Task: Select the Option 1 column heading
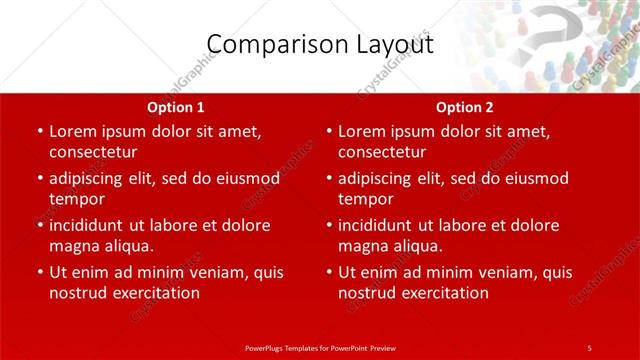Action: click(176, 107)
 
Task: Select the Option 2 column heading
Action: click(465, 107)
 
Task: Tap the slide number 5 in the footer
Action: click(589, 347)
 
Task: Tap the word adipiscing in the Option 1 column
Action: click(92, 178)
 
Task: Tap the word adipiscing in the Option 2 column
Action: click(381, 178)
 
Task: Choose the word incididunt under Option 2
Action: click(382, 225)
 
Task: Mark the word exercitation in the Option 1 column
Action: click(155, 293)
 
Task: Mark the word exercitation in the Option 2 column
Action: click(444, 293)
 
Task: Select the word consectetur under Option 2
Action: click(382, 152)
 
